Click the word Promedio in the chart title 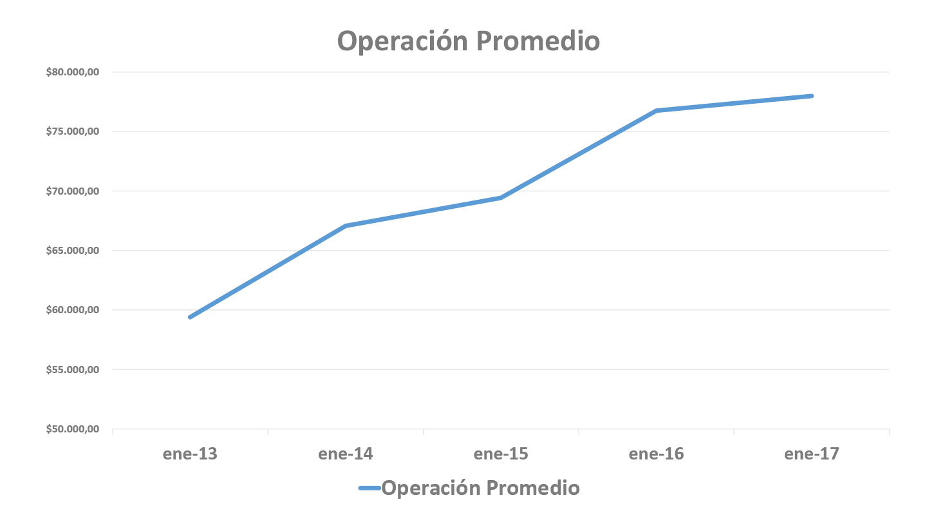pos(538,41)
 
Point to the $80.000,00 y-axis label pos(72,72)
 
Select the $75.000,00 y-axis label pos(72,131)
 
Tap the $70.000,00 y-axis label pos(72,191)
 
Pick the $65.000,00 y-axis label pos(72,251)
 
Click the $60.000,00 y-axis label pos(72,310)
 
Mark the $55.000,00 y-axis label pos(72,370)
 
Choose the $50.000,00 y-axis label pos(72,429)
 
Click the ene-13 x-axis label pos(190,454)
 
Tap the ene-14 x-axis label pos(345,454)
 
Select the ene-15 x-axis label pos(501,454)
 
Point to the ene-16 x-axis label pos(656,454)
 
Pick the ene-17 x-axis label pos(812,454)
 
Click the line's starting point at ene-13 pos(190,317)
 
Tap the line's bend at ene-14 pos(346,226)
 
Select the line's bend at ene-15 pos(501,198)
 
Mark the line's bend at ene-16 pos(656,111)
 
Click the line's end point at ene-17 pos(812,96)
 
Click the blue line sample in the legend pos(370,488)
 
